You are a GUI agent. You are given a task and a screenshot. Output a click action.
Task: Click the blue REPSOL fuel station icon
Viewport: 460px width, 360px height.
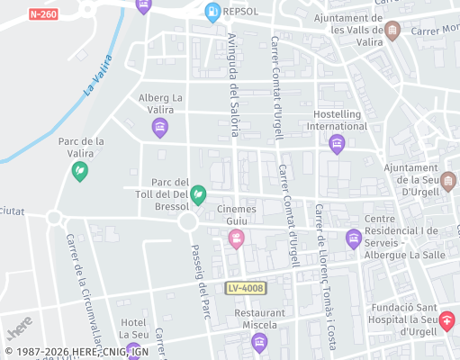click(x=212, y=12)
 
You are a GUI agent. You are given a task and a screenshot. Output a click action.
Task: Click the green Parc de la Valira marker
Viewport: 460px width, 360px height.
click(x=80, y=170)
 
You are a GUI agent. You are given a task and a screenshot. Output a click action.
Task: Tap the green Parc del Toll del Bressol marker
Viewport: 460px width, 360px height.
click(x=198, y=193)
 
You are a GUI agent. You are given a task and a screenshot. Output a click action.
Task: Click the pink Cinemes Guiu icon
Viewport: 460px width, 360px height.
click(x=236, y=238)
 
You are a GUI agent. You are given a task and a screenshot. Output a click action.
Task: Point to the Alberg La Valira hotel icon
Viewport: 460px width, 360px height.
click(x=160, y=128)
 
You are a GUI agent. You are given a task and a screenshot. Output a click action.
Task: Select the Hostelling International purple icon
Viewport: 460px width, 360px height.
click(x=337, y=144)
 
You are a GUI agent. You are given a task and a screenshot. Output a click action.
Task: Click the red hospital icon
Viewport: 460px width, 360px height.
click(x=446, y=321)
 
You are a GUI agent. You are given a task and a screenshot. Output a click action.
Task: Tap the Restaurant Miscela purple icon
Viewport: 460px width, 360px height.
click(x=259, y=341)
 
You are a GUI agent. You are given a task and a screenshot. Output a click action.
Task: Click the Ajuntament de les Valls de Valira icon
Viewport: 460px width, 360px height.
click(x=392, y=31)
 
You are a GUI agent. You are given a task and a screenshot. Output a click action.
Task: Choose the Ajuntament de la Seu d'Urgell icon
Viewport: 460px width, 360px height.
click(x=448, y=180)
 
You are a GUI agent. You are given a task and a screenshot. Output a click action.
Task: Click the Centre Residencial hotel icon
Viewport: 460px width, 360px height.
click(x=353, y=238)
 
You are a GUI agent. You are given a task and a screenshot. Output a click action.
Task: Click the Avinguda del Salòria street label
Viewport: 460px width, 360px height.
click(x=233, y=85)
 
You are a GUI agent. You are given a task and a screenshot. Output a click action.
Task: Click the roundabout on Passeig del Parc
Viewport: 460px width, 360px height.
click(x=188, y=221)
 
